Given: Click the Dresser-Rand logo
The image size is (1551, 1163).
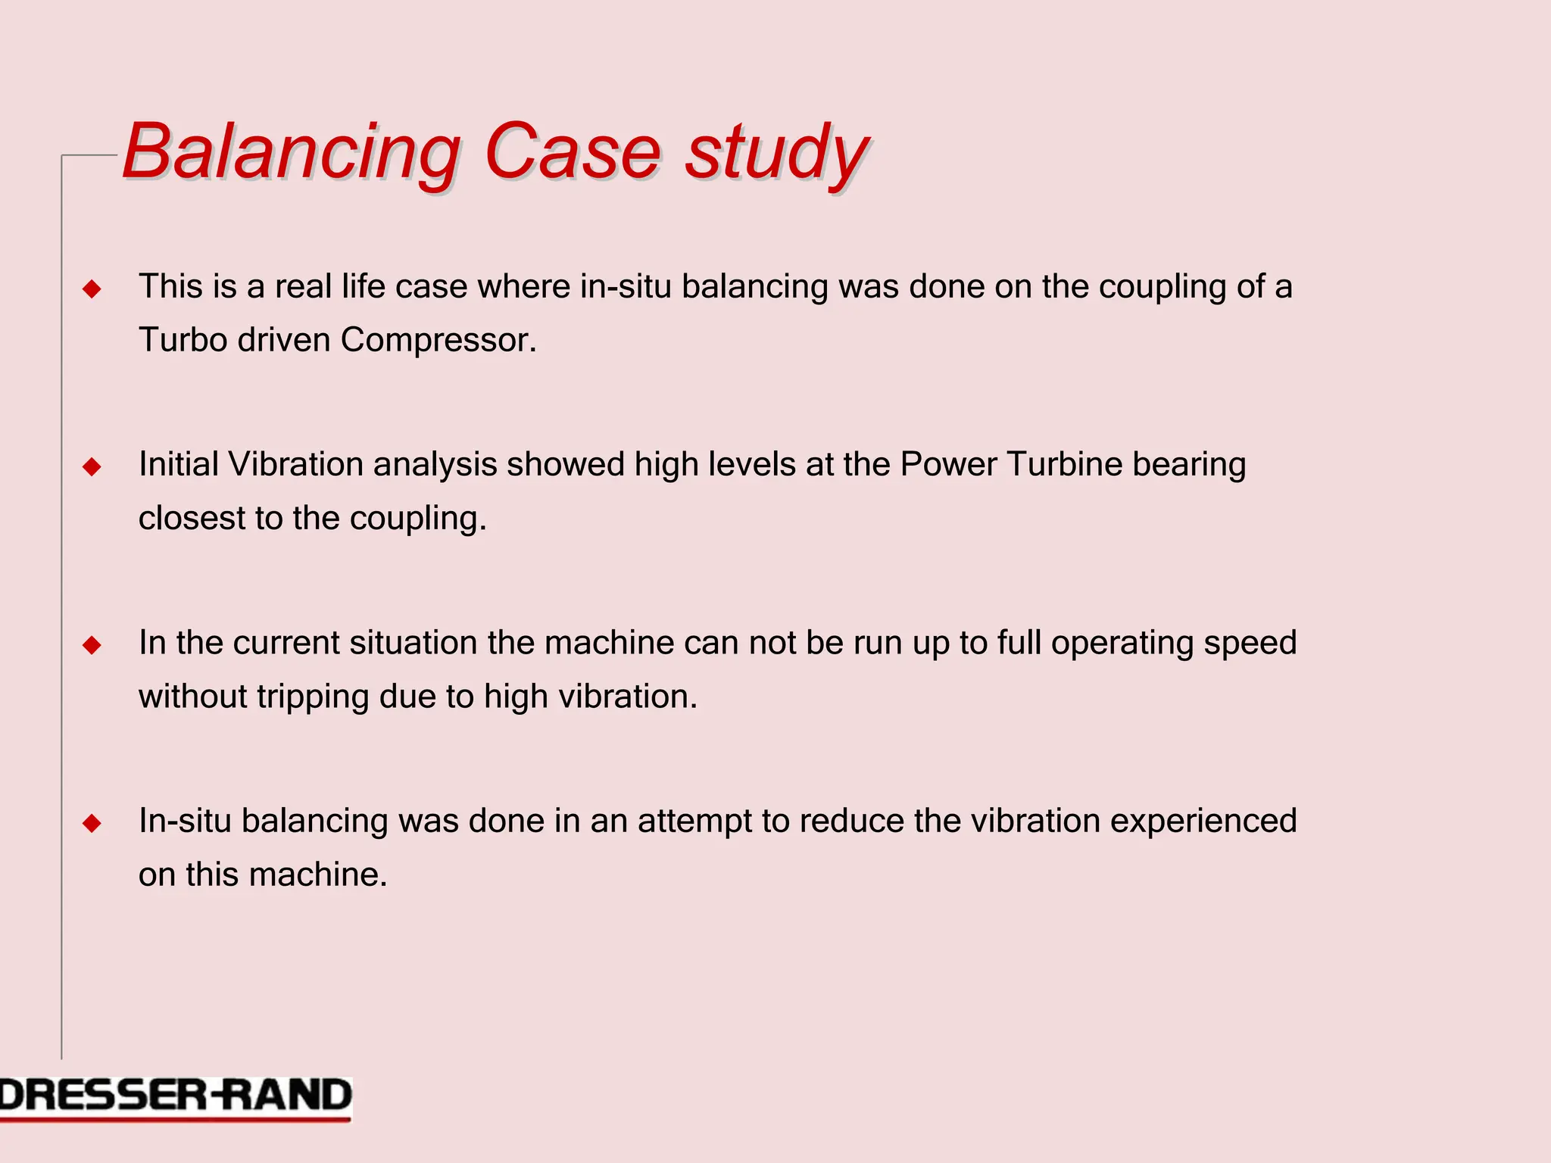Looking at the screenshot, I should tap(176, 1097).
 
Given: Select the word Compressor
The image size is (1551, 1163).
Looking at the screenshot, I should tap(438, 340).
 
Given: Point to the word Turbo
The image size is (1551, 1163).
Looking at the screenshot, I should tap(183, 340).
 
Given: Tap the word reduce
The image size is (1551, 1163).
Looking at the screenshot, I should tap(851, 822).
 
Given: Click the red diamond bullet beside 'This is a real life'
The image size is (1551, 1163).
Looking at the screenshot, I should tap(92, 288).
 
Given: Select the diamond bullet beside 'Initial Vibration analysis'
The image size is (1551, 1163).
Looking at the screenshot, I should tap(92, 466).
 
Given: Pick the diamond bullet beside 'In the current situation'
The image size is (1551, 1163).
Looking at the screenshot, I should tap(92, 645).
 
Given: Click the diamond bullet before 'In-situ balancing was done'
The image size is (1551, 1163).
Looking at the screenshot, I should tap(92, 823).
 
